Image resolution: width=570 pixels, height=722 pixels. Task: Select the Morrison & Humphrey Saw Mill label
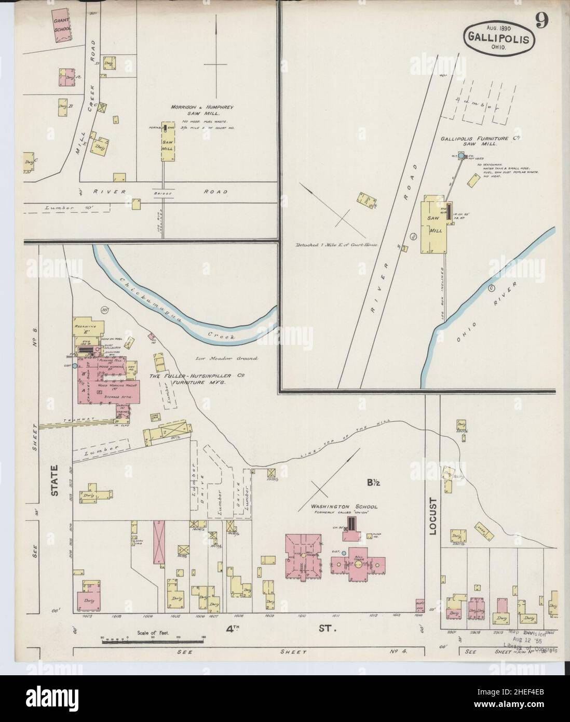pyautogui.click(x=202, y=110)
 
